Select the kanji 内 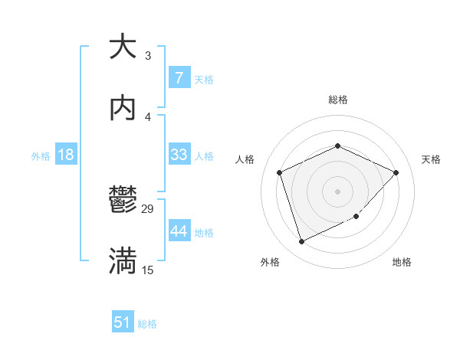point(123,107)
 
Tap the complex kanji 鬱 point(123,201)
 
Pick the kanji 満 point(123,260)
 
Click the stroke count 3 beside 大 point(147,55)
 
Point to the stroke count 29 point(148,209)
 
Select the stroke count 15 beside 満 point(147,270)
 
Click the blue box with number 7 point(179,78)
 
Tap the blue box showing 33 point(179,155)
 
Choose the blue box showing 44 point(179,231)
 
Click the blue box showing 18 point(66,155)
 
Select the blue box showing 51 point(123,322)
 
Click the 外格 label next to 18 point(41,155)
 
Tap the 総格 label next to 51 point(147,324)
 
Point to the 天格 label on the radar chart point(431,159)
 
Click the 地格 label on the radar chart point(402,262)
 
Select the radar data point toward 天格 point(396,172)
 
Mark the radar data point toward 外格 point(301,242)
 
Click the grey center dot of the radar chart point(337,191)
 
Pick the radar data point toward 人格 point(280,172)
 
